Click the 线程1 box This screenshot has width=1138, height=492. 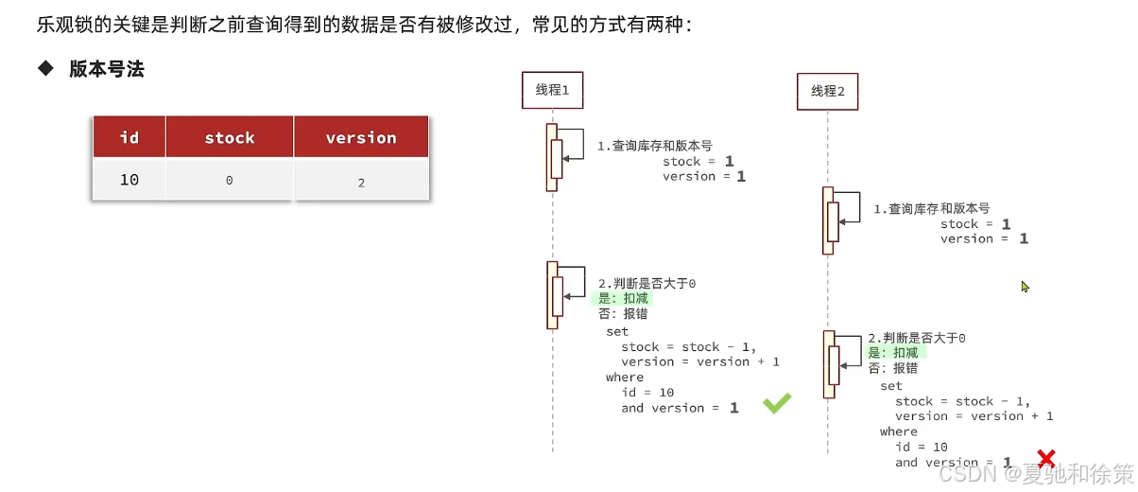tap(552, 90)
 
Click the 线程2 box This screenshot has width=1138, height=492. tap(828, 92)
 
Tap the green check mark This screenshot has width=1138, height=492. tap(777, 405)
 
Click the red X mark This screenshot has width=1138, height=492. tap(1045, 460)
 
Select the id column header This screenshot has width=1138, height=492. tap(129, 138)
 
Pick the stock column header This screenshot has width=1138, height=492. tap(230, 138)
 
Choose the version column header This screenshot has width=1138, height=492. tap(361, 138)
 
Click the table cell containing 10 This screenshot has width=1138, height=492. tap(129, 180)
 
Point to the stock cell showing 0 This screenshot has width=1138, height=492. tap(230, 181)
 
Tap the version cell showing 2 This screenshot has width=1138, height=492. tap(361, 183)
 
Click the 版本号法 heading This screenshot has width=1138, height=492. tap(107, 69)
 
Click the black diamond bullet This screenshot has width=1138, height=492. tap(44, 68)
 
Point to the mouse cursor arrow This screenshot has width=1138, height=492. tap(1025, 286)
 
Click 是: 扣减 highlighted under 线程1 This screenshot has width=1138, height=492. tap(625, 299)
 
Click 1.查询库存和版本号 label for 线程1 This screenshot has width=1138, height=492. tap(654, 147)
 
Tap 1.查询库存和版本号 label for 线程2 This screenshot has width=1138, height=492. tap(931, 208)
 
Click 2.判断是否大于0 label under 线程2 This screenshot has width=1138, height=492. tap(917, 338)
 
